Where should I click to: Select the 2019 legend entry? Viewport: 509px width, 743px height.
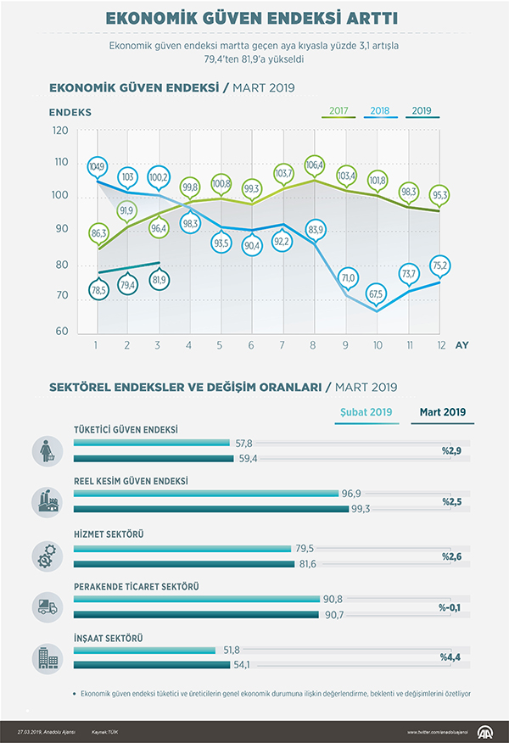pyautogui.click(x=422, y=110)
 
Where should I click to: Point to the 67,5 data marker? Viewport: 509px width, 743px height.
pyautogui.click(x=375, y=294)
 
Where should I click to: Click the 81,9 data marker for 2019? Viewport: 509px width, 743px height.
pyautogui.click(x=159, y=279)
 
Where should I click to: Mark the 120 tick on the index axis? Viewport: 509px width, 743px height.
pyautogui.click(x=59, y=131)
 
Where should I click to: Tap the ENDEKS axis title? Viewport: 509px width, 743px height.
pyautogui.click(x=70, y=112)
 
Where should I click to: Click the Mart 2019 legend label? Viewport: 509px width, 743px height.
pyautogui.click(x=443, y=412)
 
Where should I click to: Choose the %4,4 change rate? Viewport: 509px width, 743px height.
pyautogui.click(x=450, y=656)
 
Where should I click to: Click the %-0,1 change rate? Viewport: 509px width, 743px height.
pyautogui.click(x=450, y=607)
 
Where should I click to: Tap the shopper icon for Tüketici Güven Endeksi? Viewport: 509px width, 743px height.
pyautogui.click(x=45, y=451)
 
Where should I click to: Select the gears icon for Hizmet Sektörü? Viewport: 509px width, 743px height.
pyautogui.click(x=45, y=556)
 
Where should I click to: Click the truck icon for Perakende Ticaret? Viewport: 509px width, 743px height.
pyautogui.click(x=45, y=606)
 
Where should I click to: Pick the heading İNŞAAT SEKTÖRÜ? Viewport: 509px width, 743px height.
pyautogui.click(x=107, y=637)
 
